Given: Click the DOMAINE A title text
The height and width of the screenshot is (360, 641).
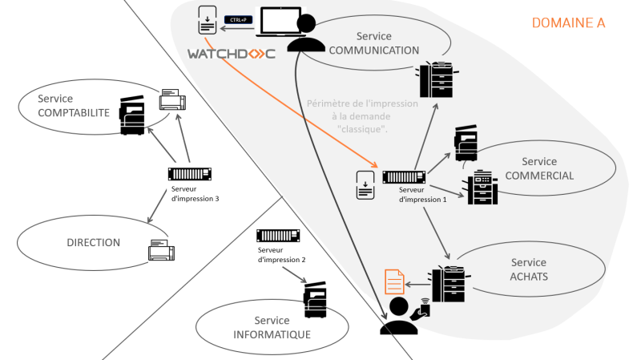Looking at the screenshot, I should (x=568, y=23).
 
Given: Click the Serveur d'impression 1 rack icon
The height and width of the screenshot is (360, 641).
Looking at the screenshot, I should (x=404, y=177).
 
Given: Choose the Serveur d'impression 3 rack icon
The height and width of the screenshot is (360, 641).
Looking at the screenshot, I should (x=190, y=174).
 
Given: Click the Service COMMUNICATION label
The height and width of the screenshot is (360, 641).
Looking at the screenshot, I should (x=373, y=43).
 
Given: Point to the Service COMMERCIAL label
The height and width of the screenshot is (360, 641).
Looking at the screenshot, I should (x=538, y=169).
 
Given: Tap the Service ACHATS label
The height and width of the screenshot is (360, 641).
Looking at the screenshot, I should (x=529, y=269).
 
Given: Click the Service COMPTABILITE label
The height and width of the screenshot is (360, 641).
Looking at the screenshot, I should (x=73, y=106).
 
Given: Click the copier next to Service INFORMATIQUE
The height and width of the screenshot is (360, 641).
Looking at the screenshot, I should (x=315, y=301).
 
